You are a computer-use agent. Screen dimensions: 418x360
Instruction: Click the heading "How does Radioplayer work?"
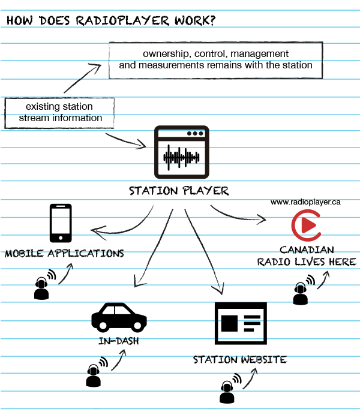[x=112, y=20]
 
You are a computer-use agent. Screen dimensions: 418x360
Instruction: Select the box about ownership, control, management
[x=215, y=59]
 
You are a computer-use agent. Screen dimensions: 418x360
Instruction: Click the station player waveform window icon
[x=181, y=151]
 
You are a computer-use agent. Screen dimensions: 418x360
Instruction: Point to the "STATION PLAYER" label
[x=179, y=191]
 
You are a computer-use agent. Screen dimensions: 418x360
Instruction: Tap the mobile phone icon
[x=61, y=222]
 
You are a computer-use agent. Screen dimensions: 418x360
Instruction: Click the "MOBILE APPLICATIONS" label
[x=64, y=253]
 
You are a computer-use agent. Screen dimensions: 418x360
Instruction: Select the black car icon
[x=119, y=317]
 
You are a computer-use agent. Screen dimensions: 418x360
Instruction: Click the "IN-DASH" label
[x=118, y=342]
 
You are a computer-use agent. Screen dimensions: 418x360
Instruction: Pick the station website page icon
[x=239, y=324]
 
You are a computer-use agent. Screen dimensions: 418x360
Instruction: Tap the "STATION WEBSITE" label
[x=239, y=360]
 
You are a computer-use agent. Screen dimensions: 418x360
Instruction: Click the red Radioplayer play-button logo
[x=305, y=226]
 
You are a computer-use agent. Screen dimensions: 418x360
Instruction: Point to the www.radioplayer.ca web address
[x=305, y=202]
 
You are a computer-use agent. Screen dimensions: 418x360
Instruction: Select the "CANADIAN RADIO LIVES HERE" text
[x=307, y=255]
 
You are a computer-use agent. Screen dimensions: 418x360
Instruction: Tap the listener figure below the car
[x=93, y=375]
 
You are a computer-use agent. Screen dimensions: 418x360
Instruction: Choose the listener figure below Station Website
[x=227, y=390]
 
